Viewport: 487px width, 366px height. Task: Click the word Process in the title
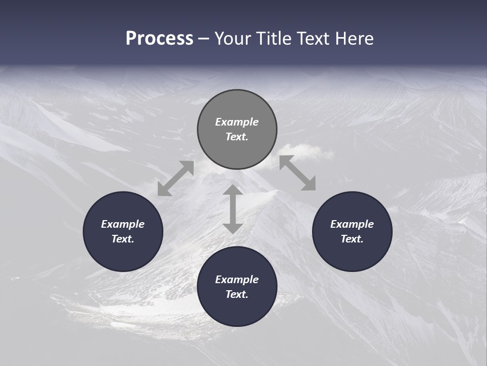[x=159, y=39]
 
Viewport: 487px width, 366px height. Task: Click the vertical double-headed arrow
[x=233, y=209]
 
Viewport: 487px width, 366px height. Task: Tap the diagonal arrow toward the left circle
[x=176, y=178]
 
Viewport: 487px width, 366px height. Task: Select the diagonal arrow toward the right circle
[x=298, y=173]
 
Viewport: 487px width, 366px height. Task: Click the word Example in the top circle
[x=237, y=122]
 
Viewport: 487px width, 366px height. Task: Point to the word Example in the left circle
[x=123, y=224]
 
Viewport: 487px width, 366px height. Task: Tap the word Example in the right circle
[x=352, y=224]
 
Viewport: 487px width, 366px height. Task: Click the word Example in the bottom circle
[x=237, y=280]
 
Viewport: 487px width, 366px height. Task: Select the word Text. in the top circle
[x=237, y=137]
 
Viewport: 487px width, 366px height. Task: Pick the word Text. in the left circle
[x=123, y=239]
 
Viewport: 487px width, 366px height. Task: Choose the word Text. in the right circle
[x=352, y=239]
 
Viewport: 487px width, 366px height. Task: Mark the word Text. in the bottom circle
[x=237, y=294]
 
